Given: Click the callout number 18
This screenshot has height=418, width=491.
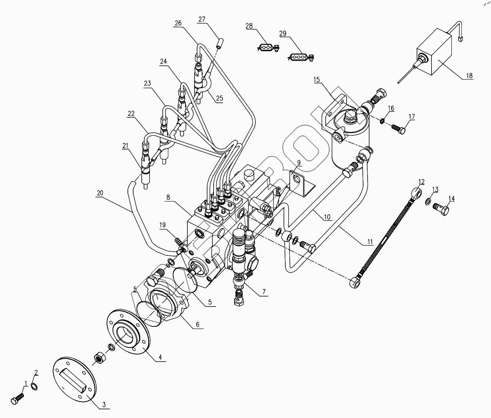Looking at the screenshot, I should (x=469, y=76).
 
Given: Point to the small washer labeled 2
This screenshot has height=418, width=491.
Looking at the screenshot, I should (x=34, y=386).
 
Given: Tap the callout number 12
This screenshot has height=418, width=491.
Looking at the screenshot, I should (x=421, y=182).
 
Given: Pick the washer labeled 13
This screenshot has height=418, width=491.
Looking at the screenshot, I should (x=427, y=202).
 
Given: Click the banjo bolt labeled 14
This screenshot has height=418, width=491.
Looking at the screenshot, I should (x=442, y=209).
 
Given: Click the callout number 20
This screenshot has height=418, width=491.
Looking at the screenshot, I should (x=99, y=193).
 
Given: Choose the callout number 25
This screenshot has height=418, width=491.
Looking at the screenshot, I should (x=219, y=98).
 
